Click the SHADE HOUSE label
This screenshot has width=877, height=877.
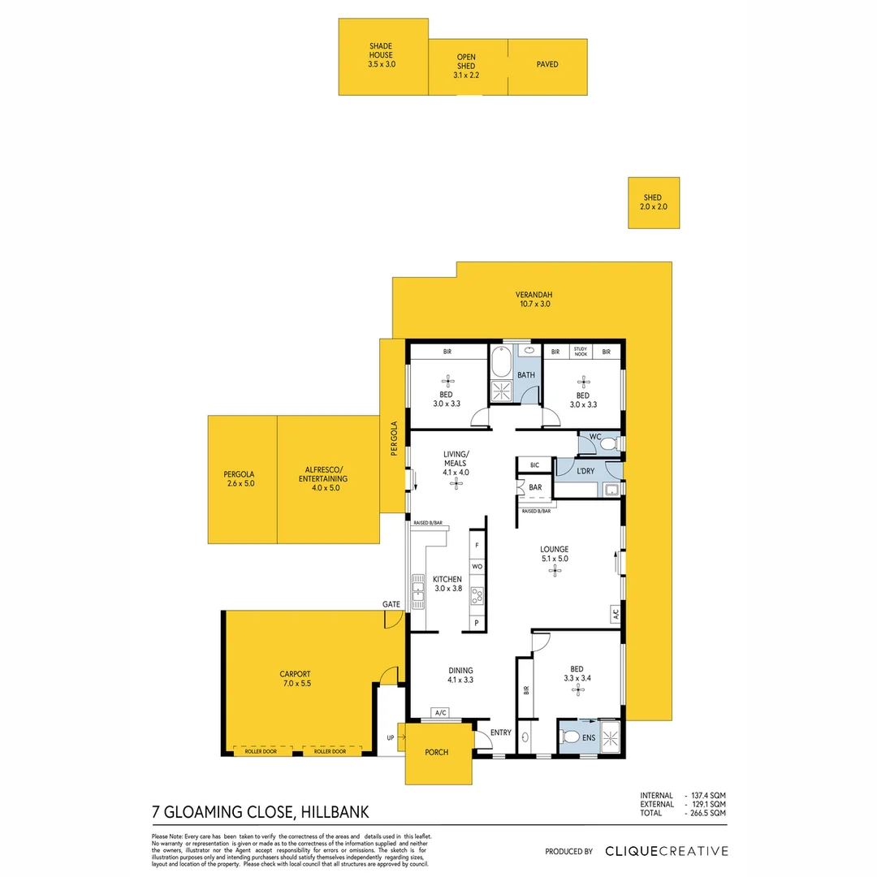tap(382, 55)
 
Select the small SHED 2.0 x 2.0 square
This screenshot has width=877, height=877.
tap(653, 202)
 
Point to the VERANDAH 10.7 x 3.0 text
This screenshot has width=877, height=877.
tap(533, 299)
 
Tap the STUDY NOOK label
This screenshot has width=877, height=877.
tap(580, 351)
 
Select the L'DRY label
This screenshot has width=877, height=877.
tap(586, 471)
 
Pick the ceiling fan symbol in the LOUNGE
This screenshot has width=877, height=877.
tap(555, 570)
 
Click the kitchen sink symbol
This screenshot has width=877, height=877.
tap(417, 590)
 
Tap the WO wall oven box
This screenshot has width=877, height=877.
tap(477, 565)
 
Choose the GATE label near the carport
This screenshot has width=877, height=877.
tap(391, 605)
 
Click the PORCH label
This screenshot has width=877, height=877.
tap(437, 752)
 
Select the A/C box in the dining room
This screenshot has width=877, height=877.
tap(442, 713)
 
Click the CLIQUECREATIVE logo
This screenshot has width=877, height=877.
tap(666, 851)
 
